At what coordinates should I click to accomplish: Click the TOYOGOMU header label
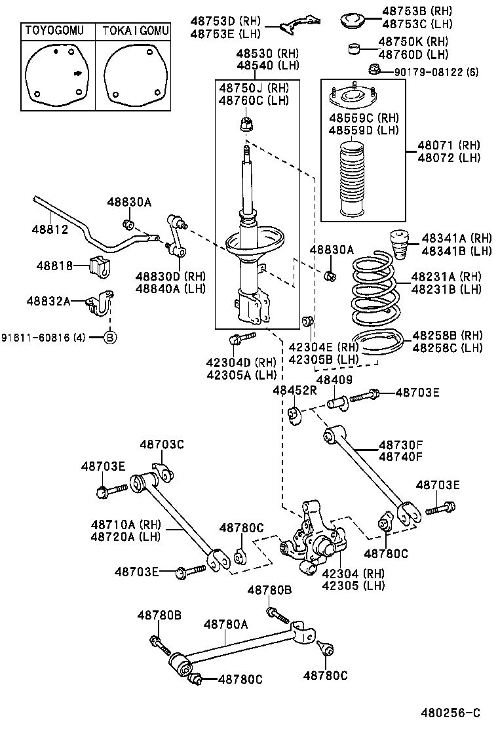point(54,31)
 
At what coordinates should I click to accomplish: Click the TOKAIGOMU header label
point(136,31)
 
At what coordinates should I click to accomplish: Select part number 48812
point(49,229)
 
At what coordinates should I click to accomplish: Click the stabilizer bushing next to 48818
point(97,266)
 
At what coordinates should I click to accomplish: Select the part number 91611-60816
point(43,338)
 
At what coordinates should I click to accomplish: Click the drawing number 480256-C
point(450,713)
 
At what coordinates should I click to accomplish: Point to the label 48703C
point(161,444)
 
